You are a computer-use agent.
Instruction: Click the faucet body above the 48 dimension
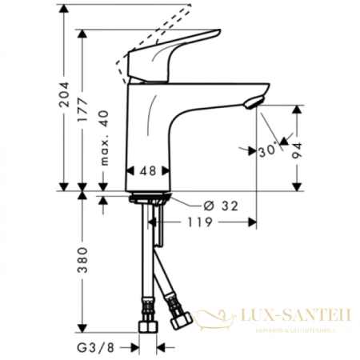[x=150, y=128]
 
